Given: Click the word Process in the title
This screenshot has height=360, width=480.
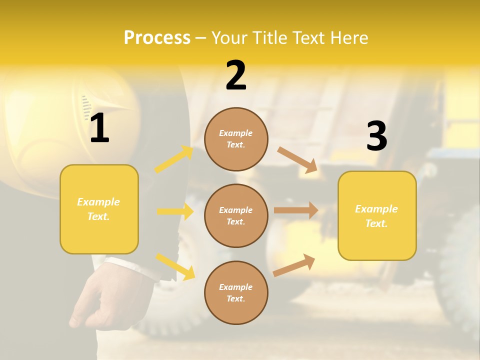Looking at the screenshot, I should [x=157, y=38].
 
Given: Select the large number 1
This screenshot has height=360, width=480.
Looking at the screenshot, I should [x=99, y=128].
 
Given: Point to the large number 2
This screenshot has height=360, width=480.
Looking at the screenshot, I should [x=236, y=75].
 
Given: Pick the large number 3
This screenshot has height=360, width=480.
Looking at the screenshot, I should [x=376, y=136].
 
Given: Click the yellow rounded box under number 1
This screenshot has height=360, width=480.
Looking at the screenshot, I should [x=99, y=209].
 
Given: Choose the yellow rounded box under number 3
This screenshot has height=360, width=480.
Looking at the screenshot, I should [x=377, y=215].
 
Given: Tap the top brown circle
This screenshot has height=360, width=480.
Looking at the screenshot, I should [x=236, y=139].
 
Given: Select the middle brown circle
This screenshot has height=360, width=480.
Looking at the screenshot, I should [x=236, y=215].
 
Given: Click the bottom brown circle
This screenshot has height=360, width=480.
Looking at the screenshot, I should [x=236, y=292].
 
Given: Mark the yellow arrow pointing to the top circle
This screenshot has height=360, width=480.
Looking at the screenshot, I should [x=173, y=159].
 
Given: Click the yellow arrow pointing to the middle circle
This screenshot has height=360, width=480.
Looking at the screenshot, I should [x=175, y=211].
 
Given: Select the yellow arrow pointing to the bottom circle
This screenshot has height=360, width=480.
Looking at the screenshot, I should [x=175, y=266].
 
